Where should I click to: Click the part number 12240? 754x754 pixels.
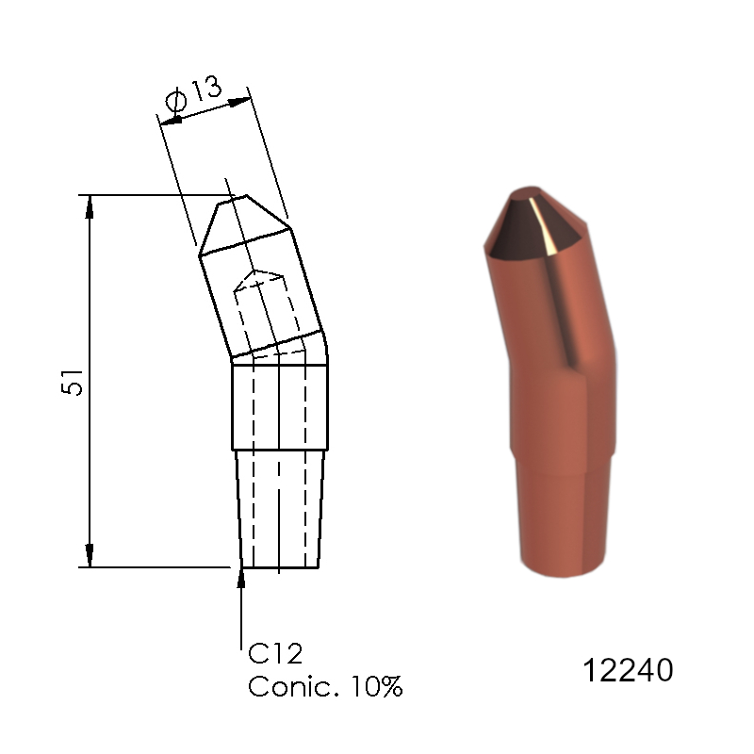[628, 671]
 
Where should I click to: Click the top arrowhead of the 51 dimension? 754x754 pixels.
[90, 206]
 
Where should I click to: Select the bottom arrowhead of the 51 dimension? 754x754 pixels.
[90, 556]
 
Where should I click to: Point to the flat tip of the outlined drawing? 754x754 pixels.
[233, 199]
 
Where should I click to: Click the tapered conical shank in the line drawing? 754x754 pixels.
[280, 509]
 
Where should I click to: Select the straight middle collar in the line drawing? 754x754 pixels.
[280, 406]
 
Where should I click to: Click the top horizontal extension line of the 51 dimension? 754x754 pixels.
[141, 195]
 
